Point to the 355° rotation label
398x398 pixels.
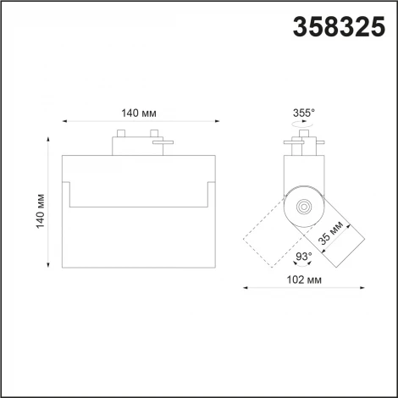pyautogui.click(x=303, y=112)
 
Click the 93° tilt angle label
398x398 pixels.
pyautogui.click(x=303, y=257)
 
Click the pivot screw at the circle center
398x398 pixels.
pyautogui.click(x=302, y=204)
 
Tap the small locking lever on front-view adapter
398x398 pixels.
pyautogui.click(x=160, y=145)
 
